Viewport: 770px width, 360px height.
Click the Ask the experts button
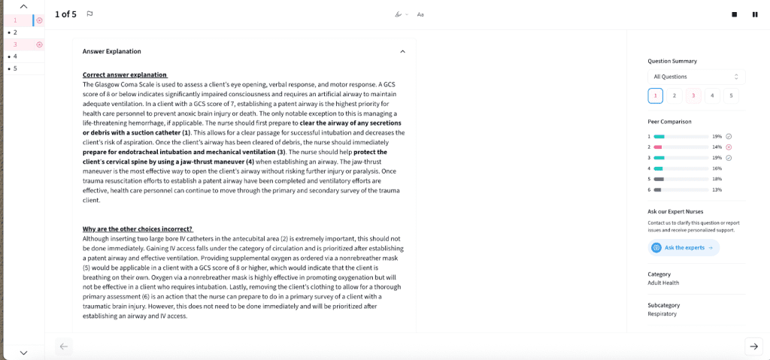[x=684, y=247]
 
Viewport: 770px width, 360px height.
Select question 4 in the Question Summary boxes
[x=711, y=95]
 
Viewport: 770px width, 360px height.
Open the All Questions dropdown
[x=696, y=77]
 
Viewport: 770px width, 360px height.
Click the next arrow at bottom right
[x=753, y=346]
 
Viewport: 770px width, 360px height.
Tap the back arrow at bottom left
[x=64, y=346]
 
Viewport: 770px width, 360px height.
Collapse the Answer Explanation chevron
[x=402, y=51]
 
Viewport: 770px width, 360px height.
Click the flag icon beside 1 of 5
[x=89, y=14]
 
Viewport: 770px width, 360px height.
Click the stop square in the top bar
[x=735, y=14]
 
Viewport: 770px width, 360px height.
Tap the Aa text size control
[x=420, y=14]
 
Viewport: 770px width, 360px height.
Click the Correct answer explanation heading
[x=125, y=75]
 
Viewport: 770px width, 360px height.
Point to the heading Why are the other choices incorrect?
[x=138, y=228]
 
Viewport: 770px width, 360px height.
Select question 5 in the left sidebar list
[x=15, y=68]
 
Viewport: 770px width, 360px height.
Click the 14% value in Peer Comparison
[x=717, y=147]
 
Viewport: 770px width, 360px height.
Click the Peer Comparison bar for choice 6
[x=659, y=190]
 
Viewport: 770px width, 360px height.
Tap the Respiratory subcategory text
[x=662, y=313]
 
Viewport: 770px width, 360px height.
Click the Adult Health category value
[x=663, y=283]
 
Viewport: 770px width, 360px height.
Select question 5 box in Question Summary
[x=729, y=95]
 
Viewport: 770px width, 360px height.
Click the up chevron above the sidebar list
[x=23, y=6]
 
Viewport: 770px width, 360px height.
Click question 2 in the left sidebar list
[x=15, y=32]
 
